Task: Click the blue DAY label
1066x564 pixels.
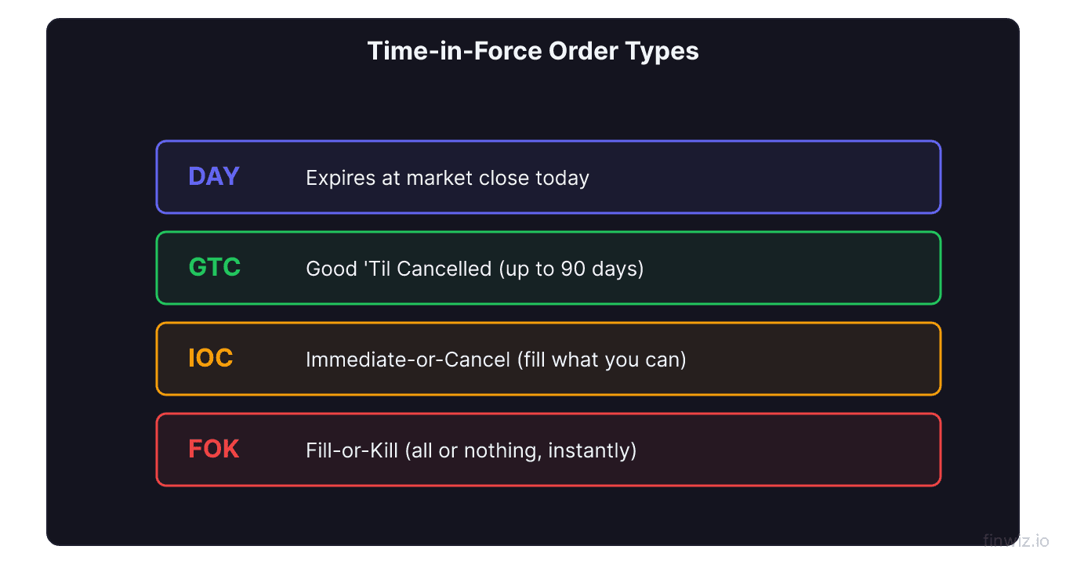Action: pos(214,176)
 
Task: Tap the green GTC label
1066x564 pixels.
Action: pos(215,267)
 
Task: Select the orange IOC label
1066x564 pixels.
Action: pos(211,358)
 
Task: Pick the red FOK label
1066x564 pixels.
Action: pos(214,449)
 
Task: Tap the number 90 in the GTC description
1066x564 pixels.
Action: pos(571,269)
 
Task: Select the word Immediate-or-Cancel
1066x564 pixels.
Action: pos(408,360)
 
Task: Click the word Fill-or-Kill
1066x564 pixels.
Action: pos(352,450)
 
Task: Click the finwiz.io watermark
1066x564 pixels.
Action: pos(1015,540)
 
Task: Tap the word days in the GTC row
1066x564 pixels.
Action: pos(616,269)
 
